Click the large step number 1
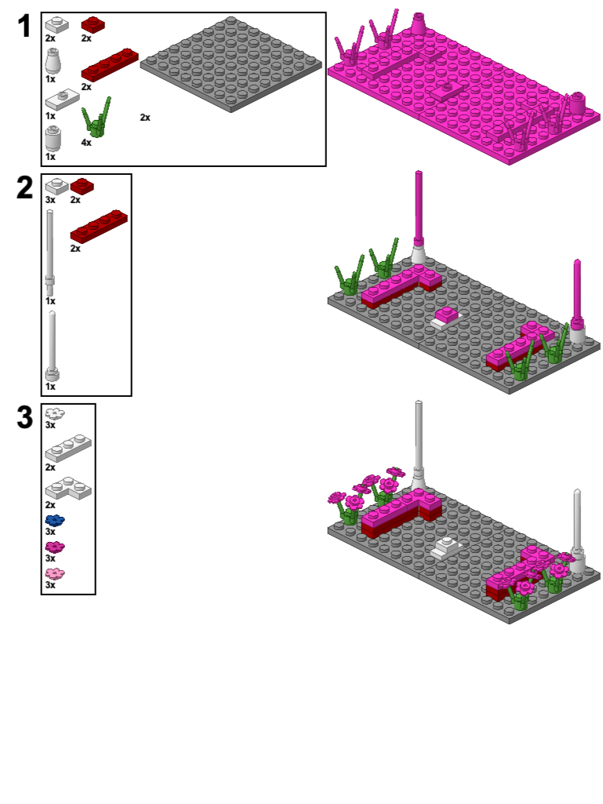click(x=24, y=27)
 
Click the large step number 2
click(x=24, y=188)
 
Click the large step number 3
click(x=24, y=417)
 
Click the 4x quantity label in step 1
click(x=86, y=143)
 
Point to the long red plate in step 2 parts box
click(x=99, y=225)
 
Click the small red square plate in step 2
click(x=82, y=187)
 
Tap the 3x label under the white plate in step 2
click(x=50, y=200)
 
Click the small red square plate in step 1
click(x=93, y=24)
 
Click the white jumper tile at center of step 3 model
click(x=448, y=546)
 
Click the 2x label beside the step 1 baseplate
click(x=145, y=118)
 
